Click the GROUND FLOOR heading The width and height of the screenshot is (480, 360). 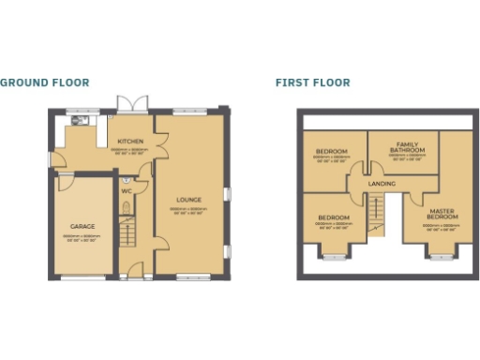(x=45, y=82)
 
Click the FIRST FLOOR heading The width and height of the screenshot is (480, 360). (x=312, y=82)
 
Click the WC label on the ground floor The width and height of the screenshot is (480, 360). (x=126, y=190)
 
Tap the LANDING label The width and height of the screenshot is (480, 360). (x=382, y=184)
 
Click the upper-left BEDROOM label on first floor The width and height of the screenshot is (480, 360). (x=331, y=152)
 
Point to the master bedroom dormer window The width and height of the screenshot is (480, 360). (x=440, y=250)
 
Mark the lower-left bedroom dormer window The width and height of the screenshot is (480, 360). (x=334, y=250)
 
